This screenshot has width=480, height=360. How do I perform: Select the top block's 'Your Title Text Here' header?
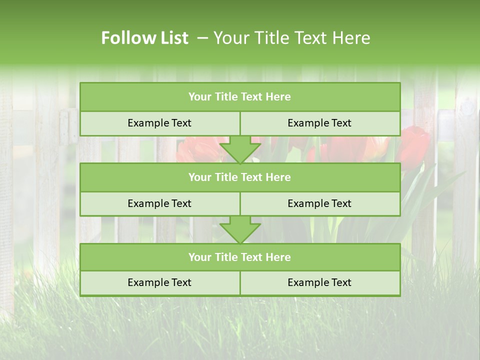[x=239, y=97]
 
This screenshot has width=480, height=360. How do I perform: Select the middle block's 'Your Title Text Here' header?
[x=239, y=177]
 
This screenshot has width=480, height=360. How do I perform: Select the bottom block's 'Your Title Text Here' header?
[x=239, y=257]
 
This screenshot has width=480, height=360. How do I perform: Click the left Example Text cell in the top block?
[x=159, y=123]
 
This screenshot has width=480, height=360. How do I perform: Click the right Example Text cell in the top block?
[x=319, y=123]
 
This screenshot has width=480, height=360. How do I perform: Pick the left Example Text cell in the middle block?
[x=159, y=204]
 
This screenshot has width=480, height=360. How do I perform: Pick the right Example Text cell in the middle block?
[x=319, y=204]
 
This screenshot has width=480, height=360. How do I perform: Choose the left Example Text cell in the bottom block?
[x=159, y=283]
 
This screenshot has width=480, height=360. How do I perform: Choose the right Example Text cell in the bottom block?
[x=319, y=283]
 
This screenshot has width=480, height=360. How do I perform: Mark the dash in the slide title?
[x=203, y=38]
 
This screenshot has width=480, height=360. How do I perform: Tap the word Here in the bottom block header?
[x=278, y=257]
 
